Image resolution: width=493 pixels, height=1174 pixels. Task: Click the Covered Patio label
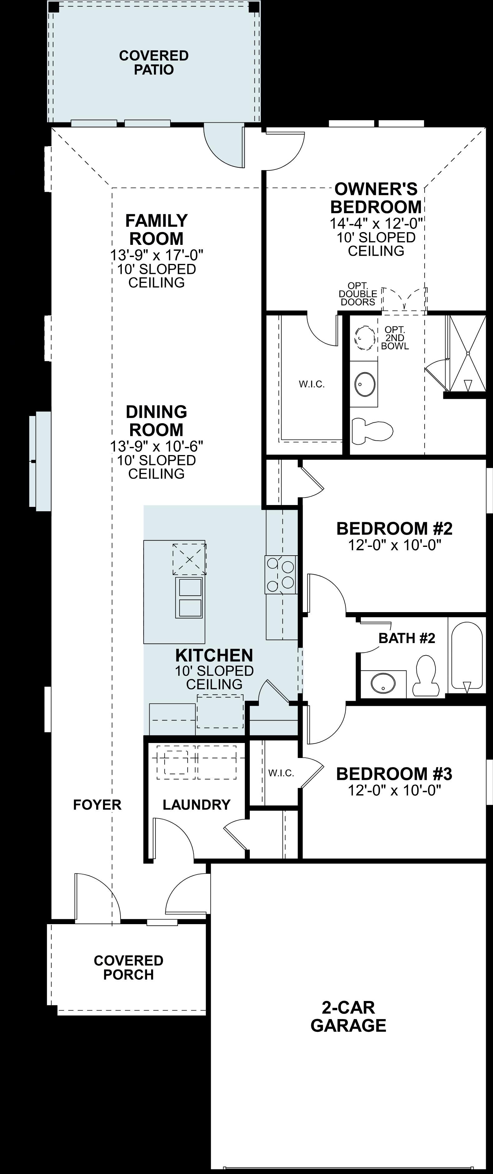(154, 62)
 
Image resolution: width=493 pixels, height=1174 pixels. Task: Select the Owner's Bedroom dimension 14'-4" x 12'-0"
(376, 223)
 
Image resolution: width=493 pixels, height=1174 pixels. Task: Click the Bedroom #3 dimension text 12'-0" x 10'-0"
(395, 790)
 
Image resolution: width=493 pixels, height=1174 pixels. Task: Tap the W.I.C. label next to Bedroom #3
(281, 773)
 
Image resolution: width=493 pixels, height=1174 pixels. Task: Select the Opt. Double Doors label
(358, 294)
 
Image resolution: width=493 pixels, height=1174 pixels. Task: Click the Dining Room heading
(156, 421)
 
